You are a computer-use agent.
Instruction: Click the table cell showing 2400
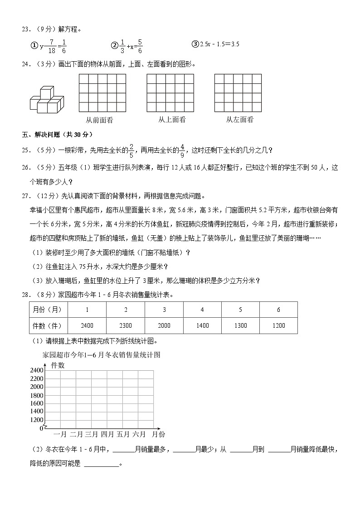pyautogui.click(x=87, y=326)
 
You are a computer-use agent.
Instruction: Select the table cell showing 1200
pyautogui.click(x=279, y=326)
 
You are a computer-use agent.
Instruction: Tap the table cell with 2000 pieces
pyautogui.click(x=164, y=326)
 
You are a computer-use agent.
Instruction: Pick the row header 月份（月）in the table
pyautogui.click(x=49, y=310)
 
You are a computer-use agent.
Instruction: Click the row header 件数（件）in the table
pyautogui.click(x=49, y=326)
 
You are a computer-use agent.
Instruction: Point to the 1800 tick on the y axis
pyautogui.click(x=36, y=395)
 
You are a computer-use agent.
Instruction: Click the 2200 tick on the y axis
pyautogui.click(x=36, y=379)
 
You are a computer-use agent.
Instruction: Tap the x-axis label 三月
pyautogui.click(x=92, y=434)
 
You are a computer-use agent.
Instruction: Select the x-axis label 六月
pyautogui.click(x=139, y=434)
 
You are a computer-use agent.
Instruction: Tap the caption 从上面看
pyautogui.click(x=171, y=120)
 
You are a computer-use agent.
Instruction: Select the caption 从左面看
pyautogui.click(x=239, y=120)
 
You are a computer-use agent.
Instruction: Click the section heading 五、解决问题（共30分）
pyautogui.click(x=57, y=135)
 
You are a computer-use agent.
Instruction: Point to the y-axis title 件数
pyautogui.click(x=58, y=365)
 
